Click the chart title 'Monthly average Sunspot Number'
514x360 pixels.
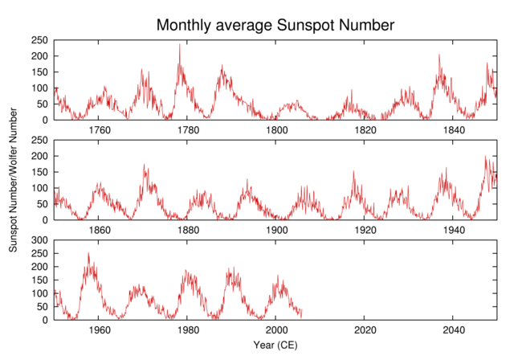coord(275,25)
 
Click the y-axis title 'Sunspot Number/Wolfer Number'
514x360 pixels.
coord(14,183)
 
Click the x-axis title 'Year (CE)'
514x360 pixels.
coord(275,346)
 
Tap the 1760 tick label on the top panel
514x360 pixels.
coord(99,131)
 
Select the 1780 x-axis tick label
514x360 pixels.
coord(188,131)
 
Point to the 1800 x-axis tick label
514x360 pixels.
coord(276,131)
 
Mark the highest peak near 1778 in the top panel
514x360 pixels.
coord(180,45)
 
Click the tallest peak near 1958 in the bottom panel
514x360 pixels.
coord(88,253)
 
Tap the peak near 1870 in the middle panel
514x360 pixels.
coord(145,165)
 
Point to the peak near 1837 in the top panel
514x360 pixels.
coord(439,55)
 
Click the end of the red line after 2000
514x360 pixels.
coord(302,313)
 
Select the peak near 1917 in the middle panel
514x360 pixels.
coord(353,171)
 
